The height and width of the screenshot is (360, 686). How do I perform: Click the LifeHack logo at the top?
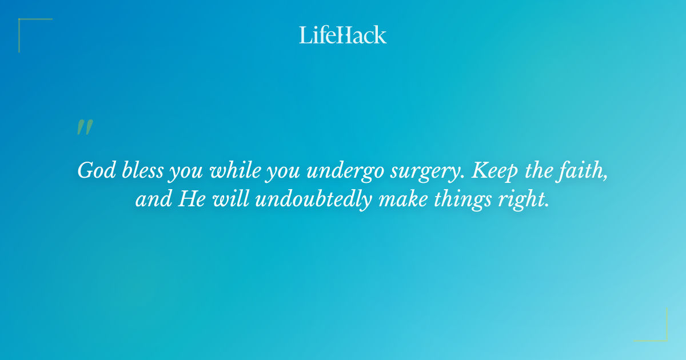343,35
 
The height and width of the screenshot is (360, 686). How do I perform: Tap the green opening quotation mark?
85,127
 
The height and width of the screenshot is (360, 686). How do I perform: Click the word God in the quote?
93,170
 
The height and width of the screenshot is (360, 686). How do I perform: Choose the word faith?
585,170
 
